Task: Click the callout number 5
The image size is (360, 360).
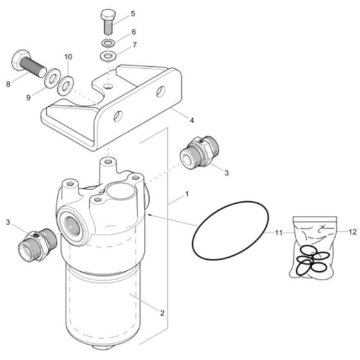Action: [x=132, y=13]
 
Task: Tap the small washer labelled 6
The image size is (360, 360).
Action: [x=107, y=44]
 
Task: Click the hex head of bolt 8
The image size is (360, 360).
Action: [x=19, y=60]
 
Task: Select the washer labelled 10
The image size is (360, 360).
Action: [x=65, y=85]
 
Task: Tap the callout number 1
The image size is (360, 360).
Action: [x=186, y=194]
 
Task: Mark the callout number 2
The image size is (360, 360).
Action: [x=162, y=313]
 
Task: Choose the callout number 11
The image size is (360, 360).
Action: [x=279, y=231]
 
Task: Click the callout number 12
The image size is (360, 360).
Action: [x=352, y=231]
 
